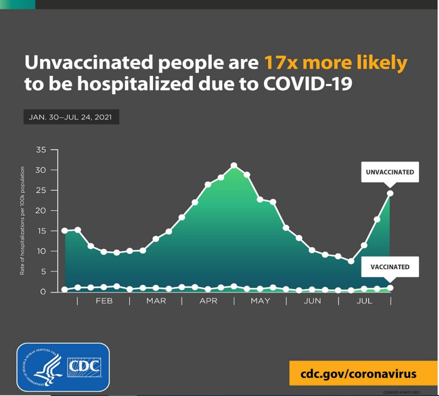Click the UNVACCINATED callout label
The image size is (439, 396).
[390, 172]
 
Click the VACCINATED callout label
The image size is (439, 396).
[390, 267]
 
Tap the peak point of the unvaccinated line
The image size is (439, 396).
[234, 166]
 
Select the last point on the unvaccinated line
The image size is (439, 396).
[390, 194]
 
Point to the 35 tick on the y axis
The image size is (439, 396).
[41, 150]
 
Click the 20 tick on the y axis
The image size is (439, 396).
[41, 211]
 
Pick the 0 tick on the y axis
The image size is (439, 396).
[43, 292]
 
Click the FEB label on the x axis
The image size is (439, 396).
[104, 300]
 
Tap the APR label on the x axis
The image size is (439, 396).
[208, 300]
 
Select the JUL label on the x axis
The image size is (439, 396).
[365, 300]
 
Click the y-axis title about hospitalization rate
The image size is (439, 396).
[23, 220]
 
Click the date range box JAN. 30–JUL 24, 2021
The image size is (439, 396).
[71, 117]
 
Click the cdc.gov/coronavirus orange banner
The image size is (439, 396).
[359, 373]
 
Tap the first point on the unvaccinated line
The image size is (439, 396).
[65, 230]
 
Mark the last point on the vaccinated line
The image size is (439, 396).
[390, 288]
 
